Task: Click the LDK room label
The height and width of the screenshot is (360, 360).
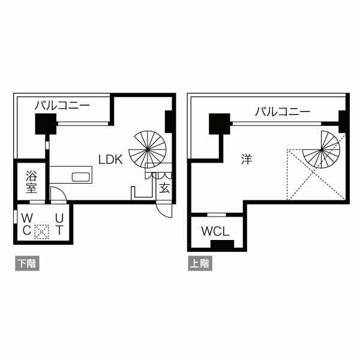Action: tap(111, 159)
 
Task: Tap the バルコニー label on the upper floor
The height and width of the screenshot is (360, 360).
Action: tap(282, 111)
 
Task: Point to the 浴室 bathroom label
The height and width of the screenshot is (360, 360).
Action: tap(31, 182)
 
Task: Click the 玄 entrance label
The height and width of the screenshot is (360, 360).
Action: tap(164, 187)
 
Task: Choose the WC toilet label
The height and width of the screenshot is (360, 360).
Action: tap(28, 223)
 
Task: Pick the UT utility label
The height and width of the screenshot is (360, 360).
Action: tap(59, 223)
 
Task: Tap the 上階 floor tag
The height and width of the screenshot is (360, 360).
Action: tap(199, 263)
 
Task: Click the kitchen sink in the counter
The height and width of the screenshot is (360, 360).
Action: tap(80, 176)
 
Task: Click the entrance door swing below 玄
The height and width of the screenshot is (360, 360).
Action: tap(163, 210)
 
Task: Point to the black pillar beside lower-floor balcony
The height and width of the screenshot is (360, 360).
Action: tap(45, 125)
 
